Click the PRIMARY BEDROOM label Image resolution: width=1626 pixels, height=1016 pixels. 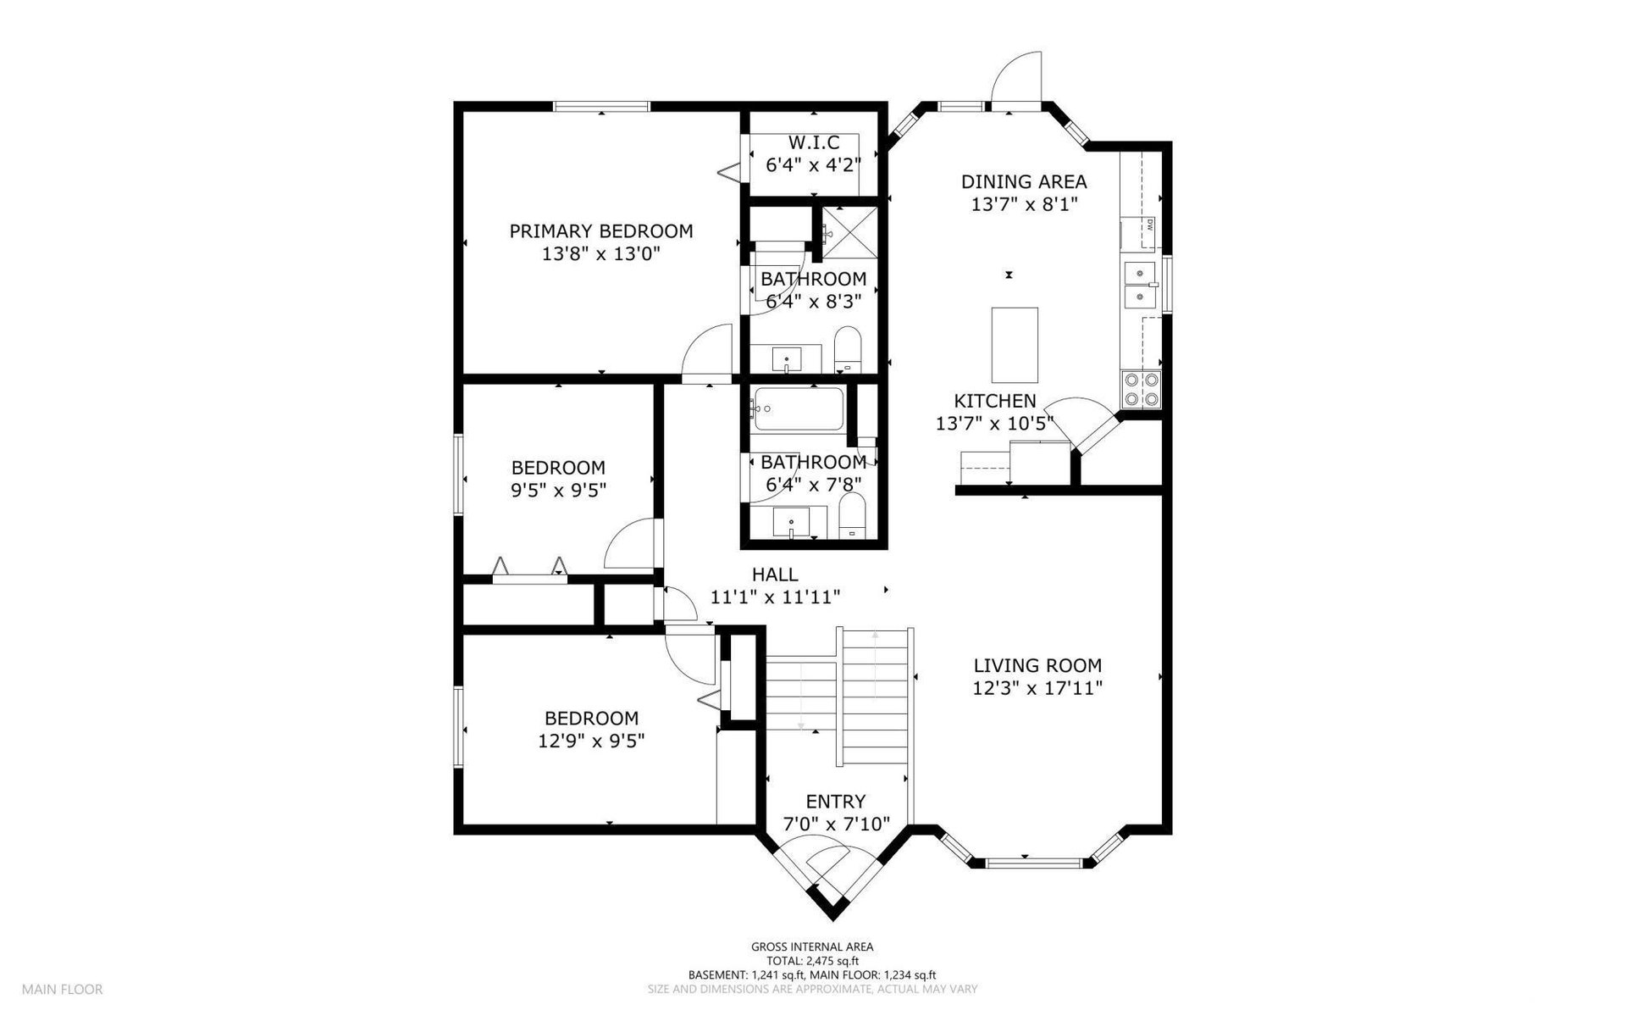click(x=600, y=231)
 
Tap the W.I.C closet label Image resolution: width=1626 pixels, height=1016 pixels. click(x=814, y=142)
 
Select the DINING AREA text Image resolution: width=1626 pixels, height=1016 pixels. click(x=1024, y=181)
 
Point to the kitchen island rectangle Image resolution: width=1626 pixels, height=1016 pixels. click(x=1015, y=345)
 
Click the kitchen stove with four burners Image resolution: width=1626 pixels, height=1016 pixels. click(x=1141, y=391)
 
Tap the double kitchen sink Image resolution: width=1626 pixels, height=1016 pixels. click(x=1141, y=285)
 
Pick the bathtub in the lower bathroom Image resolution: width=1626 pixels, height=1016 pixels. click(x=797, y=409)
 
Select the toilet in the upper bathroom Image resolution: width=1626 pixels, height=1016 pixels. click(x=847, y=350)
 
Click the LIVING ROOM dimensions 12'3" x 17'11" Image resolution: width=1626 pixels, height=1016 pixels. click(x=1037, y=688)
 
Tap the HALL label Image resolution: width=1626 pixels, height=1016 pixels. click(x=775, y=575)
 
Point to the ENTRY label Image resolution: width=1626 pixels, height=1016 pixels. click(x=835, y=802)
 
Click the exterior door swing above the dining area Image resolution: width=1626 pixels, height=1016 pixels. click(x=1015, y=78)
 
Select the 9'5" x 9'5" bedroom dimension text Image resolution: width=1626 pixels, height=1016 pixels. click(x=558, y=490)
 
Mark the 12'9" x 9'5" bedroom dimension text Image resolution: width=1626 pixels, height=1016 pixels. click(x=591, y=741)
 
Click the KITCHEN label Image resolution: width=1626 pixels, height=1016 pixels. click(x=995, y=401)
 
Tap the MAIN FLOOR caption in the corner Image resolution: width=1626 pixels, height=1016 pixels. click(x=63, y=989)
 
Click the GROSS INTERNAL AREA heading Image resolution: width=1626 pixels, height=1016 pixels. click(x=812, y=947)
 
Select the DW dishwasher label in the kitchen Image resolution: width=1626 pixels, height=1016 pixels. click(x=1151, y=225)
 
